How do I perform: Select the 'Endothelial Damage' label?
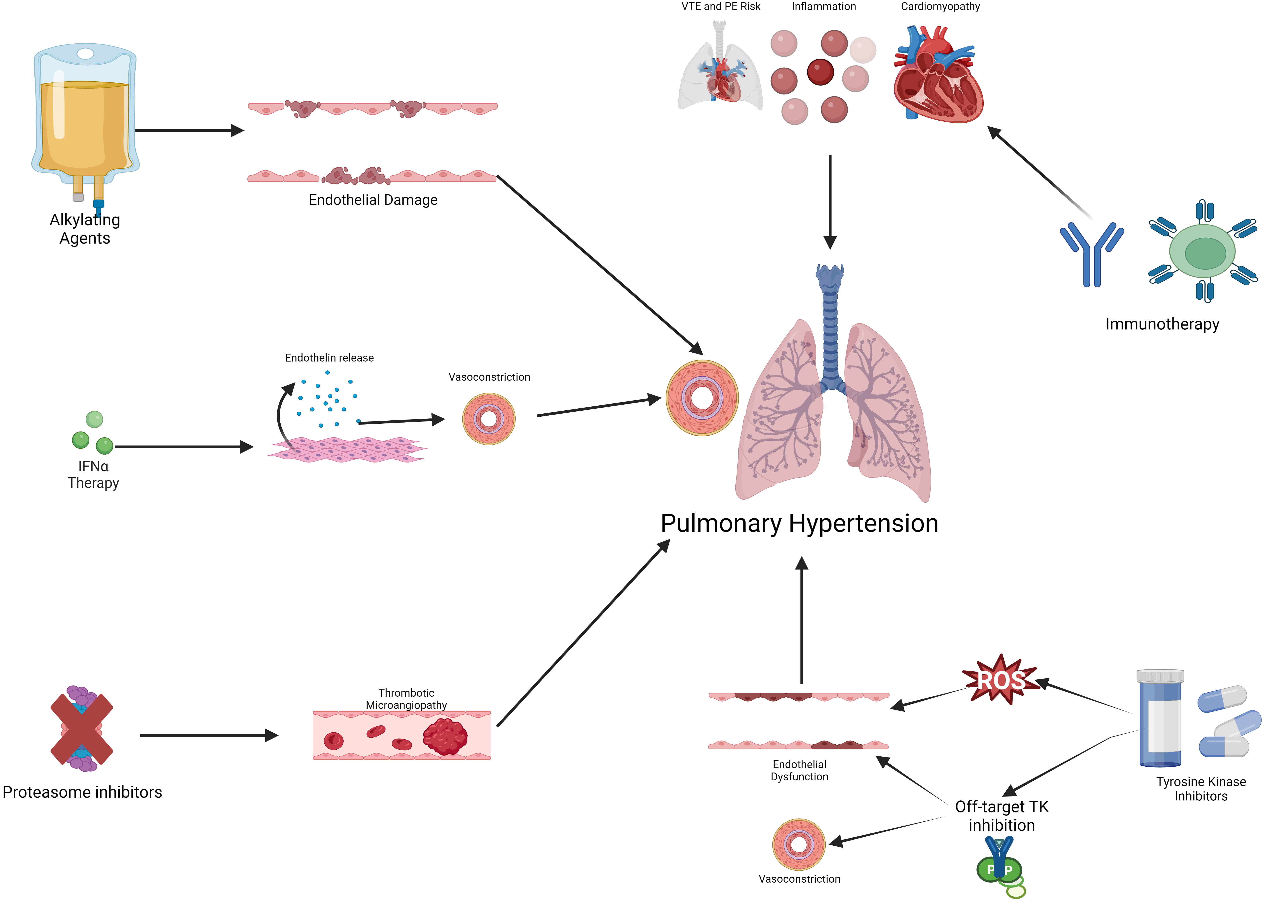point(373,200)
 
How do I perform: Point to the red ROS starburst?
point(1000,680)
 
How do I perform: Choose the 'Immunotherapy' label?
point(1162,324)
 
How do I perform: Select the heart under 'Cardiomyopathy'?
point(938,75)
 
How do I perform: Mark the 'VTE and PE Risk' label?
point(721,7)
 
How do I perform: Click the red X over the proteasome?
point(82,728)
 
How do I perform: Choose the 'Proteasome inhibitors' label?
point(82,792)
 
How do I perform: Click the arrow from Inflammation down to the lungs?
point(830,202)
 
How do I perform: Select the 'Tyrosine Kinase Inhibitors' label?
point(1201,789)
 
